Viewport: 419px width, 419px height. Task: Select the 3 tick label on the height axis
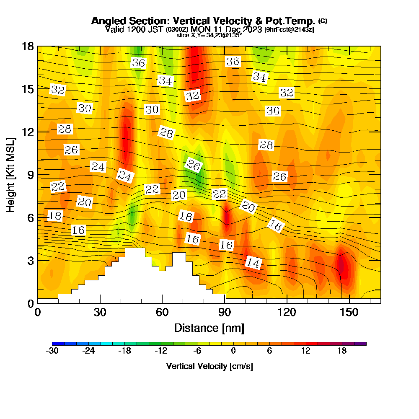coord(30,260)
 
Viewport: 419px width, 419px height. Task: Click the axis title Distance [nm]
coord(209,328)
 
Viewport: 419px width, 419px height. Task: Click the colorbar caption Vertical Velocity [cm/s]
coord(209,366)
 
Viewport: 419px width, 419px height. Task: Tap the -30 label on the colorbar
coord(52,351)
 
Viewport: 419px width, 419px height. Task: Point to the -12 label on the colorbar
coord(161,351)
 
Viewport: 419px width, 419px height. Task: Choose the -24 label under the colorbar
coord(88,351)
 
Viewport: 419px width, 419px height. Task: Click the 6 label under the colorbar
coord(270,351)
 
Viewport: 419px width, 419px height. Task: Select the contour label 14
coord(253,263)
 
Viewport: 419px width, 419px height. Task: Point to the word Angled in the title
coord(106,21)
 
